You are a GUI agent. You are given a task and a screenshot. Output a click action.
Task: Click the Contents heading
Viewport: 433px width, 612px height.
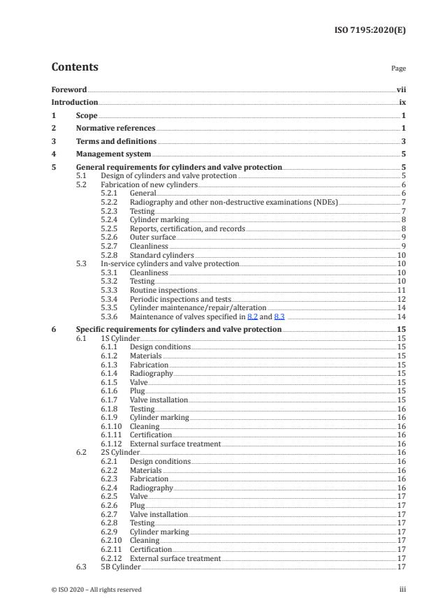pos(75,68)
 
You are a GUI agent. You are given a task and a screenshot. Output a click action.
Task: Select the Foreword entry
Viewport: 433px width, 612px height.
pos(69,90)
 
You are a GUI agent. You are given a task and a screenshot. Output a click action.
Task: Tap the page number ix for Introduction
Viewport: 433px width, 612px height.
pos(403,103)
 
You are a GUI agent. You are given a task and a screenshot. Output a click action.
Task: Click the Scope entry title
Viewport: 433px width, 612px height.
pos(87,115)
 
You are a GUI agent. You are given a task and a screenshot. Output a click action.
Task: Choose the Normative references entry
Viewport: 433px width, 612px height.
pos(115,129)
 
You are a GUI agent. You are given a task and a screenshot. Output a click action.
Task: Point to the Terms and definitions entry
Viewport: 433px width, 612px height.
pos(116,141)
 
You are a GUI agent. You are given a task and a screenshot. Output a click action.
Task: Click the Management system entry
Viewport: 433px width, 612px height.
pos(113,154)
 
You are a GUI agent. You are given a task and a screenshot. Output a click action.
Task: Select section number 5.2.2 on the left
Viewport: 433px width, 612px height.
pos(109,201)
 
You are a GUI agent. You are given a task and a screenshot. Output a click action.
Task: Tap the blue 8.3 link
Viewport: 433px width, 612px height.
pos(279,316)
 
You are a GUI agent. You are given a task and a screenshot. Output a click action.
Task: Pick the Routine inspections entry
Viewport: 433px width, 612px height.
pos(163,290)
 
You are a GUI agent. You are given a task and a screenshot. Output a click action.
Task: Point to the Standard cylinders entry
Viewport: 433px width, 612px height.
pos(162,256)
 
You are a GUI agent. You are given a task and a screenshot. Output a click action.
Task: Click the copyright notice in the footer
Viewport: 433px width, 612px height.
pos(96,590)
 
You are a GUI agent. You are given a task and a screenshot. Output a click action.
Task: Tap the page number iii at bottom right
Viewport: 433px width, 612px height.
pos(402,590)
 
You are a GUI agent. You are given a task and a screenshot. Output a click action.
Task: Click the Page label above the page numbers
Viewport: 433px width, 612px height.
pos(399,69)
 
